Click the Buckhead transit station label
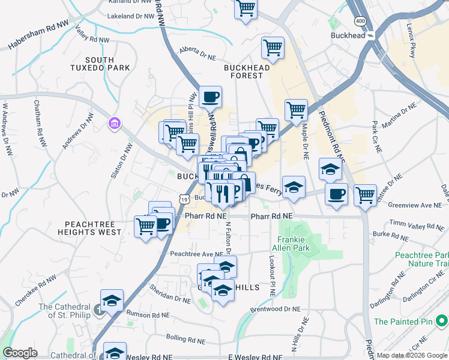pyautogui.click(x=348, y=36)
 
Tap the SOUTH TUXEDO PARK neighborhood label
pyautogui.click(x=108, y=64)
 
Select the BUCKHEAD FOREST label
pyautogui.click(x=252, y=71)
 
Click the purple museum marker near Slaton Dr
pyautogui.click(x=114, y=124)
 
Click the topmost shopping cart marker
pyautogui.click(x=246, y=9)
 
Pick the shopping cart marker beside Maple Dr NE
pyautogui.click(x=296, y=110)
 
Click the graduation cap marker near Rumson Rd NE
pyautogui.click(x=112, y=301)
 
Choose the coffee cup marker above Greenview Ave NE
pyautogui.click(x=336, y=194)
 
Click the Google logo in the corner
pyautogui.click(x=20, y=353)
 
